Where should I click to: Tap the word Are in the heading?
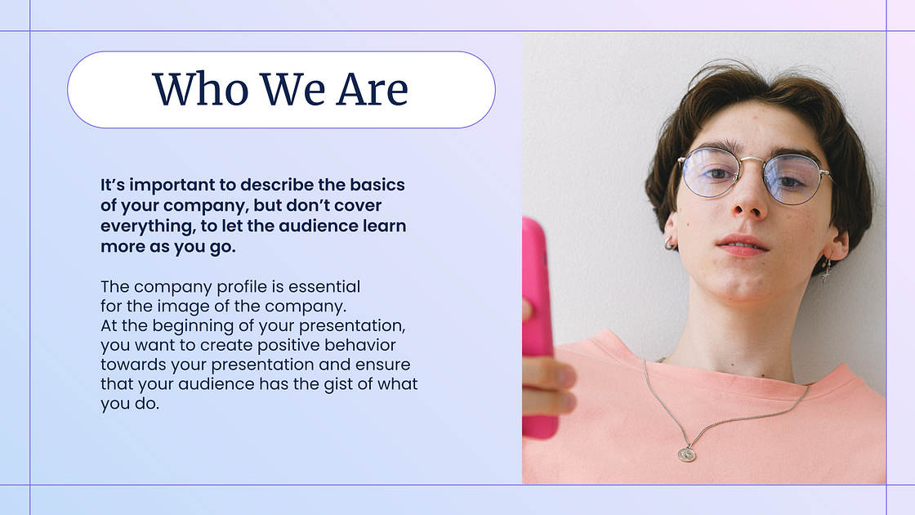click(x=372, y=89)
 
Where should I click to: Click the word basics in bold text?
click(x=377, y=185)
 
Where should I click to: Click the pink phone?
click(x=538, y=327)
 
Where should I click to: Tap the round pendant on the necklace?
click(x=687, y=454)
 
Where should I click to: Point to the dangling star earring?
click(x=826, y=270)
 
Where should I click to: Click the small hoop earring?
click(x=669, y=244)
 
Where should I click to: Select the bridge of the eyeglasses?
click(x=752, y=160)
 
